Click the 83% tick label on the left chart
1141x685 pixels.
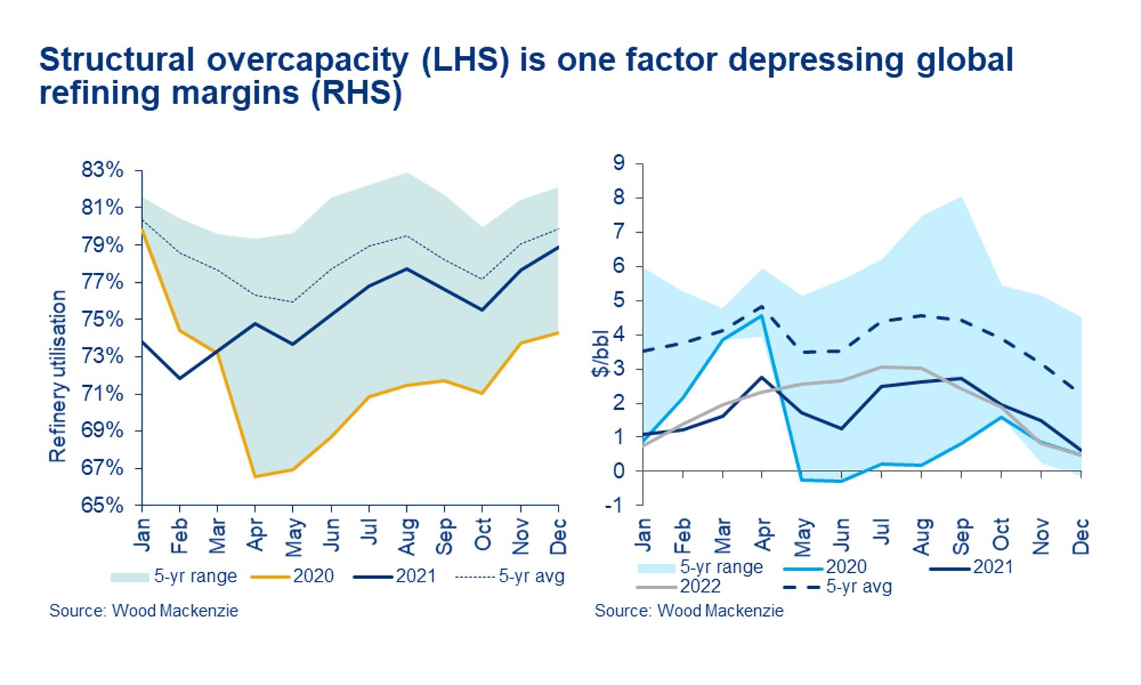[x=102, y=170]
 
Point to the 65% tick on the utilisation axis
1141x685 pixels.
[x=102, y=506]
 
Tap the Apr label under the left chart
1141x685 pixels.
[x=255, y=534]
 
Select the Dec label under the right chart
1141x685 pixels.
[x=1081, y=536]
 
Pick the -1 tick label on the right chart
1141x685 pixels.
[x=616, y=505]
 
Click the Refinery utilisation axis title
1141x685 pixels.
[x=58, y=376]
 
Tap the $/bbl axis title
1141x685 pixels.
[x=600, y=353]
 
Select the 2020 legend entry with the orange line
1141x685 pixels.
[x=292, y=576]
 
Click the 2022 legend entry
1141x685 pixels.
[x=679, y=586]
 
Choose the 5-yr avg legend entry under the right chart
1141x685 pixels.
[x=837, y=586]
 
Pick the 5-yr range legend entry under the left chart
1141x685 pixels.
[x=174, y=576]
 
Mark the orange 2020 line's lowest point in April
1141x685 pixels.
[x=255, y=476]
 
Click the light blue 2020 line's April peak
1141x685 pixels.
[x=762, y=315]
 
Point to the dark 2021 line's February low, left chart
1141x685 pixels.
[x=180, y=379]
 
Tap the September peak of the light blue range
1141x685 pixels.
[x=962, y=197]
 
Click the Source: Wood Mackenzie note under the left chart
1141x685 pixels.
[x=144, y=611]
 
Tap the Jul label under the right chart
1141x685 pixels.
[x=882, y=531]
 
